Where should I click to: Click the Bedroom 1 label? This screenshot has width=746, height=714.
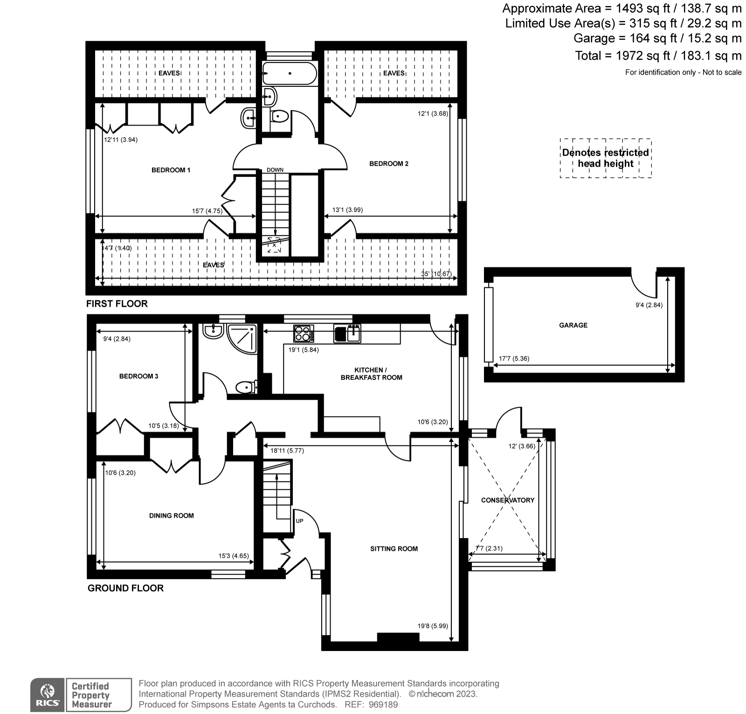(x=171, y=170)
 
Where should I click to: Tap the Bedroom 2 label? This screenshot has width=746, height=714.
(x=388, y=164)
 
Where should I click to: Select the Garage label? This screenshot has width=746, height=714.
(x=573, y=325)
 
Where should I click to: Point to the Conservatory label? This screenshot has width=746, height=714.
(x=507, y=500)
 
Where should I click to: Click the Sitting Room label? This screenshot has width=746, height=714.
(x=394, y=549)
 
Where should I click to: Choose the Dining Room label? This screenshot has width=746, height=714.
(x=171, y=516)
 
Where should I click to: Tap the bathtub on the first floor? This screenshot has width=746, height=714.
(x=290, y=74)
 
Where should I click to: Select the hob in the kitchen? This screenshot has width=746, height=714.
(x=304, y=333)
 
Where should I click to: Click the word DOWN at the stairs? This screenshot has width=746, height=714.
(x=275, y=170)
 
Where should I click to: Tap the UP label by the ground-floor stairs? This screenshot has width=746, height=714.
(x=299, y=520)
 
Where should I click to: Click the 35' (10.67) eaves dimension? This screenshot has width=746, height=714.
(x=436, y=274)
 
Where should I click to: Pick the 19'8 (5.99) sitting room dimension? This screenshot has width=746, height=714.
(x=433, y=626)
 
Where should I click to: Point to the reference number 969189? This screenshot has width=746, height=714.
(x=383, y=705)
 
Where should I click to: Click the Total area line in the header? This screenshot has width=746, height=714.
(x=658, y=56)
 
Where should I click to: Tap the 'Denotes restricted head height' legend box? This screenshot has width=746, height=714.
(x=605, y=158)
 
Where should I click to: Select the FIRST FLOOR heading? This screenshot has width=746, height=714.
(x=117, y=304)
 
